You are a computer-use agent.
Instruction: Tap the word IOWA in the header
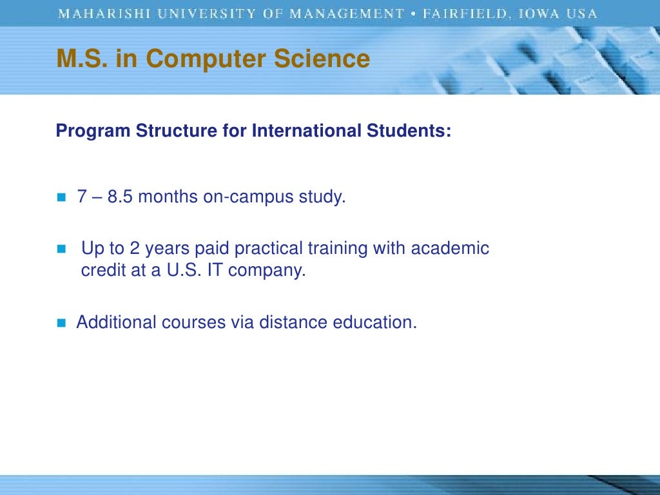(535, 14)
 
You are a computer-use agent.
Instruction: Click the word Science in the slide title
(322, 59)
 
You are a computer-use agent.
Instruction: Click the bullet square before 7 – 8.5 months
(62, 198)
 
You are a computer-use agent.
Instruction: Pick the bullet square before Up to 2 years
(62, 249)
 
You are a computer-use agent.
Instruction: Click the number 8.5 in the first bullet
(121, 197)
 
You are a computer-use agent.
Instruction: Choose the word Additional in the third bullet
(117, 322)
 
